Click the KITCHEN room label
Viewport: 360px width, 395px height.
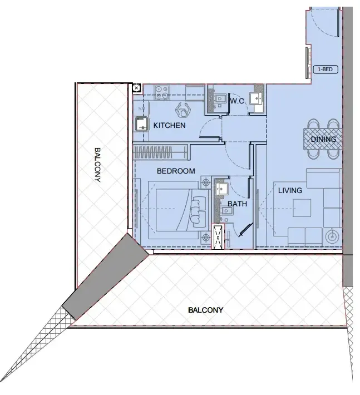[169, 125]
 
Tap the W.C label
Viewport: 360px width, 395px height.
[238, 101]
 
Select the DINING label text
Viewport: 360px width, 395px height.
[323, 139]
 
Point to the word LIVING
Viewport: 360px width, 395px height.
[290, 191]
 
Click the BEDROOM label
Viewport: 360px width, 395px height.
[176, 171]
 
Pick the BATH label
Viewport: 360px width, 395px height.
[236, 204]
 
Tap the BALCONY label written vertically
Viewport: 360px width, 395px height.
[97, 165]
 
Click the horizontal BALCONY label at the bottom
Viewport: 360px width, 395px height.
[205, 310]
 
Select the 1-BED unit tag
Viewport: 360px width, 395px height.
[325, 70]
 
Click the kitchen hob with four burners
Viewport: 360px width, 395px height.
[162, 92]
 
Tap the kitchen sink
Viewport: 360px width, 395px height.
[141, 123]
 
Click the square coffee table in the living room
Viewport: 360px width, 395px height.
[303, 208]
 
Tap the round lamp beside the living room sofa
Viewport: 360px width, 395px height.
[332, 236]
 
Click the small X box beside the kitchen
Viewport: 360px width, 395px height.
[136, 87]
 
